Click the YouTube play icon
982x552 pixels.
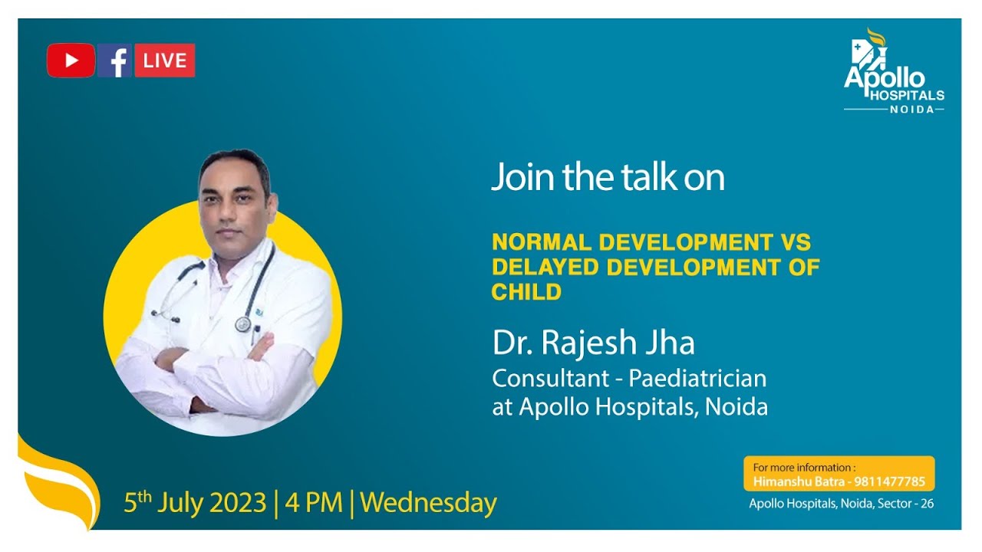pos(71,61)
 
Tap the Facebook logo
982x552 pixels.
pos(114,61)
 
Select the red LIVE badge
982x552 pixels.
pos(165,61)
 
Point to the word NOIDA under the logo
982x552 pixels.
pos(912,109)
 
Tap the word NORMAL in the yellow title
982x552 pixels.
pos(542,242)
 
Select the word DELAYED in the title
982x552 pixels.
pos(545,268)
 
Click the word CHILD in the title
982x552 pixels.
pos(526,292)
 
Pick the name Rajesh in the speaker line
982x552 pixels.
pos(588,342)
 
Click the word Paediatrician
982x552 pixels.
pos(698,378)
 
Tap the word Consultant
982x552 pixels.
pos(551,379)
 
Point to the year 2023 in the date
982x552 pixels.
pos(238,502)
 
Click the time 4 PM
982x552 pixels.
pos(314,502)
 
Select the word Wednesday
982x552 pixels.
pos(429,503)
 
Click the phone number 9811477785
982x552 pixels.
pos(889,482)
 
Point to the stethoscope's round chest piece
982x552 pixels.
pos(243,324)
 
